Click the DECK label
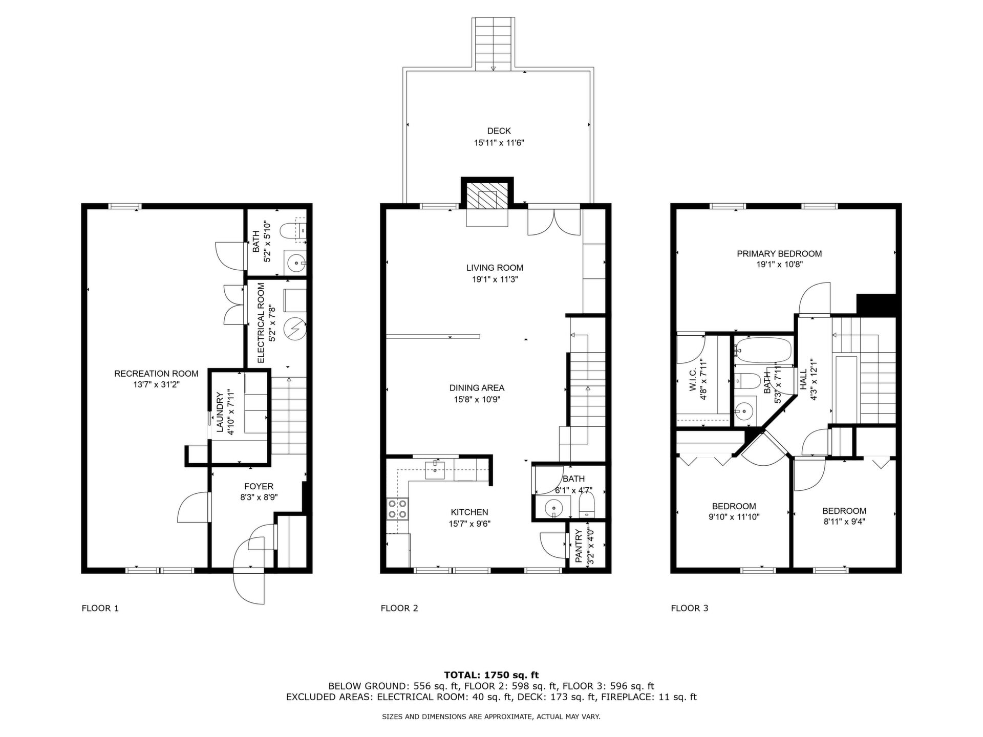[x=499, y=131]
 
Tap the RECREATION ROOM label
[x=156, y=374]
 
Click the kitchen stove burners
[x=397, y=509]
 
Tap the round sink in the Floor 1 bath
[x=295, y=264]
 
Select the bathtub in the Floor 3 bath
[x=762, y=350]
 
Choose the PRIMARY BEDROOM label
[x=779, y=254]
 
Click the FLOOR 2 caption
[x=399, y=608]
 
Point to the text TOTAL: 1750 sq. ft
[x=491, y=675]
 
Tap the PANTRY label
[x=579, y=547]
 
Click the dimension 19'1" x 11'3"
[x=495, y=279]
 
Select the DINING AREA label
[x=477, y=388]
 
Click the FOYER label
[x=259, y=486]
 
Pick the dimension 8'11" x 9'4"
[x=844, y=522]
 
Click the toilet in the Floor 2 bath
[x=586, y=505]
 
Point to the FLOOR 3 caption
[x=690, y=608]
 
